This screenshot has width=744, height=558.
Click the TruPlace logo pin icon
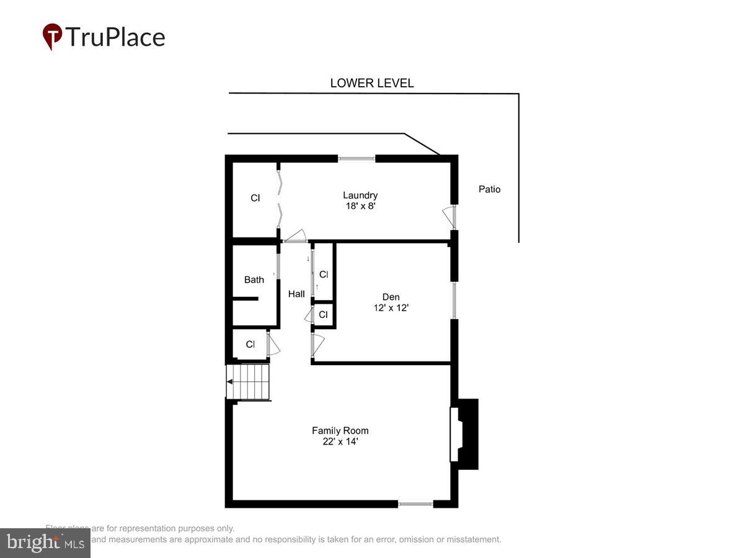pos(52,37)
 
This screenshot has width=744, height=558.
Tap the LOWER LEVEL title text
pos(371,83)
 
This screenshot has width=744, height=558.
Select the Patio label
pos(489,189)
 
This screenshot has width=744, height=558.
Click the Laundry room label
pos(360,195)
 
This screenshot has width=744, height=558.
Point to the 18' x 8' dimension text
pos(360,206)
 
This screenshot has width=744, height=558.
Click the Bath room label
pos(254,280)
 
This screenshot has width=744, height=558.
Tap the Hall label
pos(296,294)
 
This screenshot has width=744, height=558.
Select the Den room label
pos(391,297)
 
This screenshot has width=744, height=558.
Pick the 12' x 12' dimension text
pos(391,308)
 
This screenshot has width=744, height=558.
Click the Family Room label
pos(340,430)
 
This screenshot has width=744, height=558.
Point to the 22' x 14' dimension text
pos(340,441)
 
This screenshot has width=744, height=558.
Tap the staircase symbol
pos(250,383)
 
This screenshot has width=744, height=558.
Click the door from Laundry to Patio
pos(449,216)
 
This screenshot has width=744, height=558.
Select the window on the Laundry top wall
pos(356,159)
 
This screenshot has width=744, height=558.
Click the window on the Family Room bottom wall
pos(415,504)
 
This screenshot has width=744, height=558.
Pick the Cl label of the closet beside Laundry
pos(255,198)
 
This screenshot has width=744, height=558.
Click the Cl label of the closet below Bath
pos(250,344)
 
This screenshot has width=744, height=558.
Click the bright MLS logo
pos(45,543)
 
